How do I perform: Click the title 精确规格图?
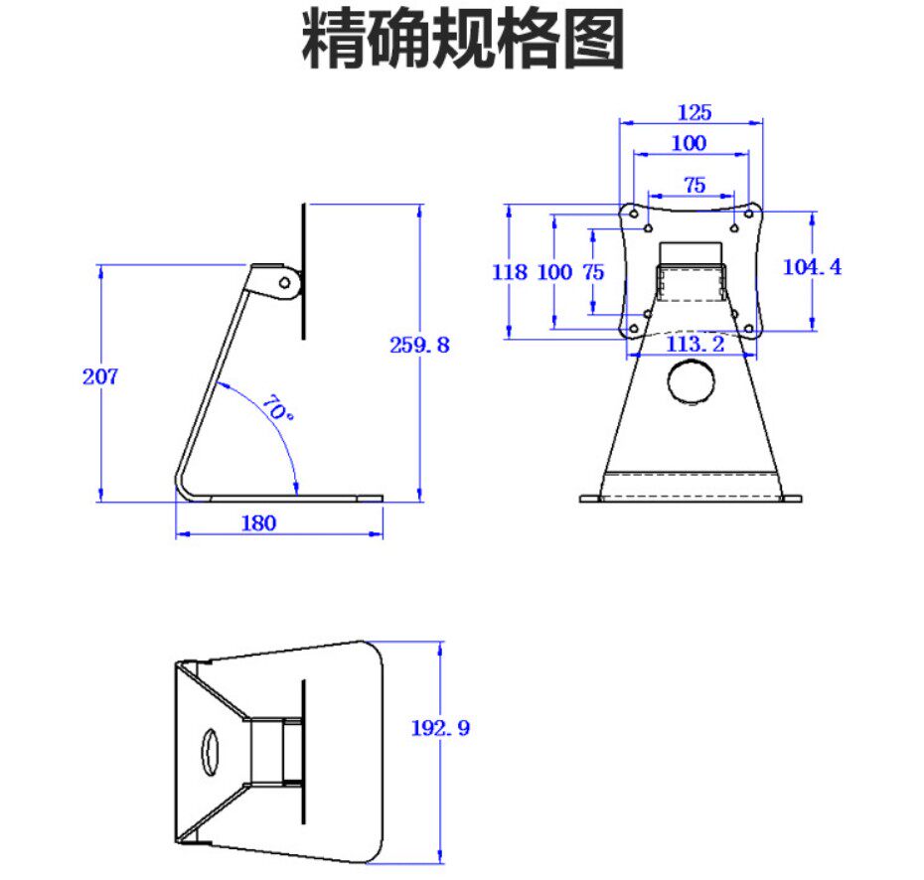pyautogui.click(x=462, y=40)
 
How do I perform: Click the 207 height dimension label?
pyautogui.click(x=100, y=376)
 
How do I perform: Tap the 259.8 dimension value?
pyautogui.click(x=419, y=345)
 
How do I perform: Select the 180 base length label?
pyautogui.click(x=259, y=523)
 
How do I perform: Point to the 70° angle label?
pyautogui.click(x=278, y=408)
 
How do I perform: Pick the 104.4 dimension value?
pyautogui.click(x=812, y=267)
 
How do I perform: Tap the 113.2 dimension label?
pyautogui.click(x=694, y=344)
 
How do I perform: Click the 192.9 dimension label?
pyautogui.click(x=440, y=728)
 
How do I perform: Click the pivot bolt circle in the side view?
pyautogui.click(x=285, y=282)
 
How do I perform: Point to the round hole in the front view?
pyautogui.click(x=693, y=381)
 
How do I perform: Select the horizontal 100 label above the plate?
pyautogui.click(x=689, y=143)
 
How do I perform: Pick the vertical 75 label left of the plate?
pyautogui.click(x=594, y=271)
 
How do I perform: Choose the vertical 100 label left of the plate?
pyautogui.click(x=554, y=271)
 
